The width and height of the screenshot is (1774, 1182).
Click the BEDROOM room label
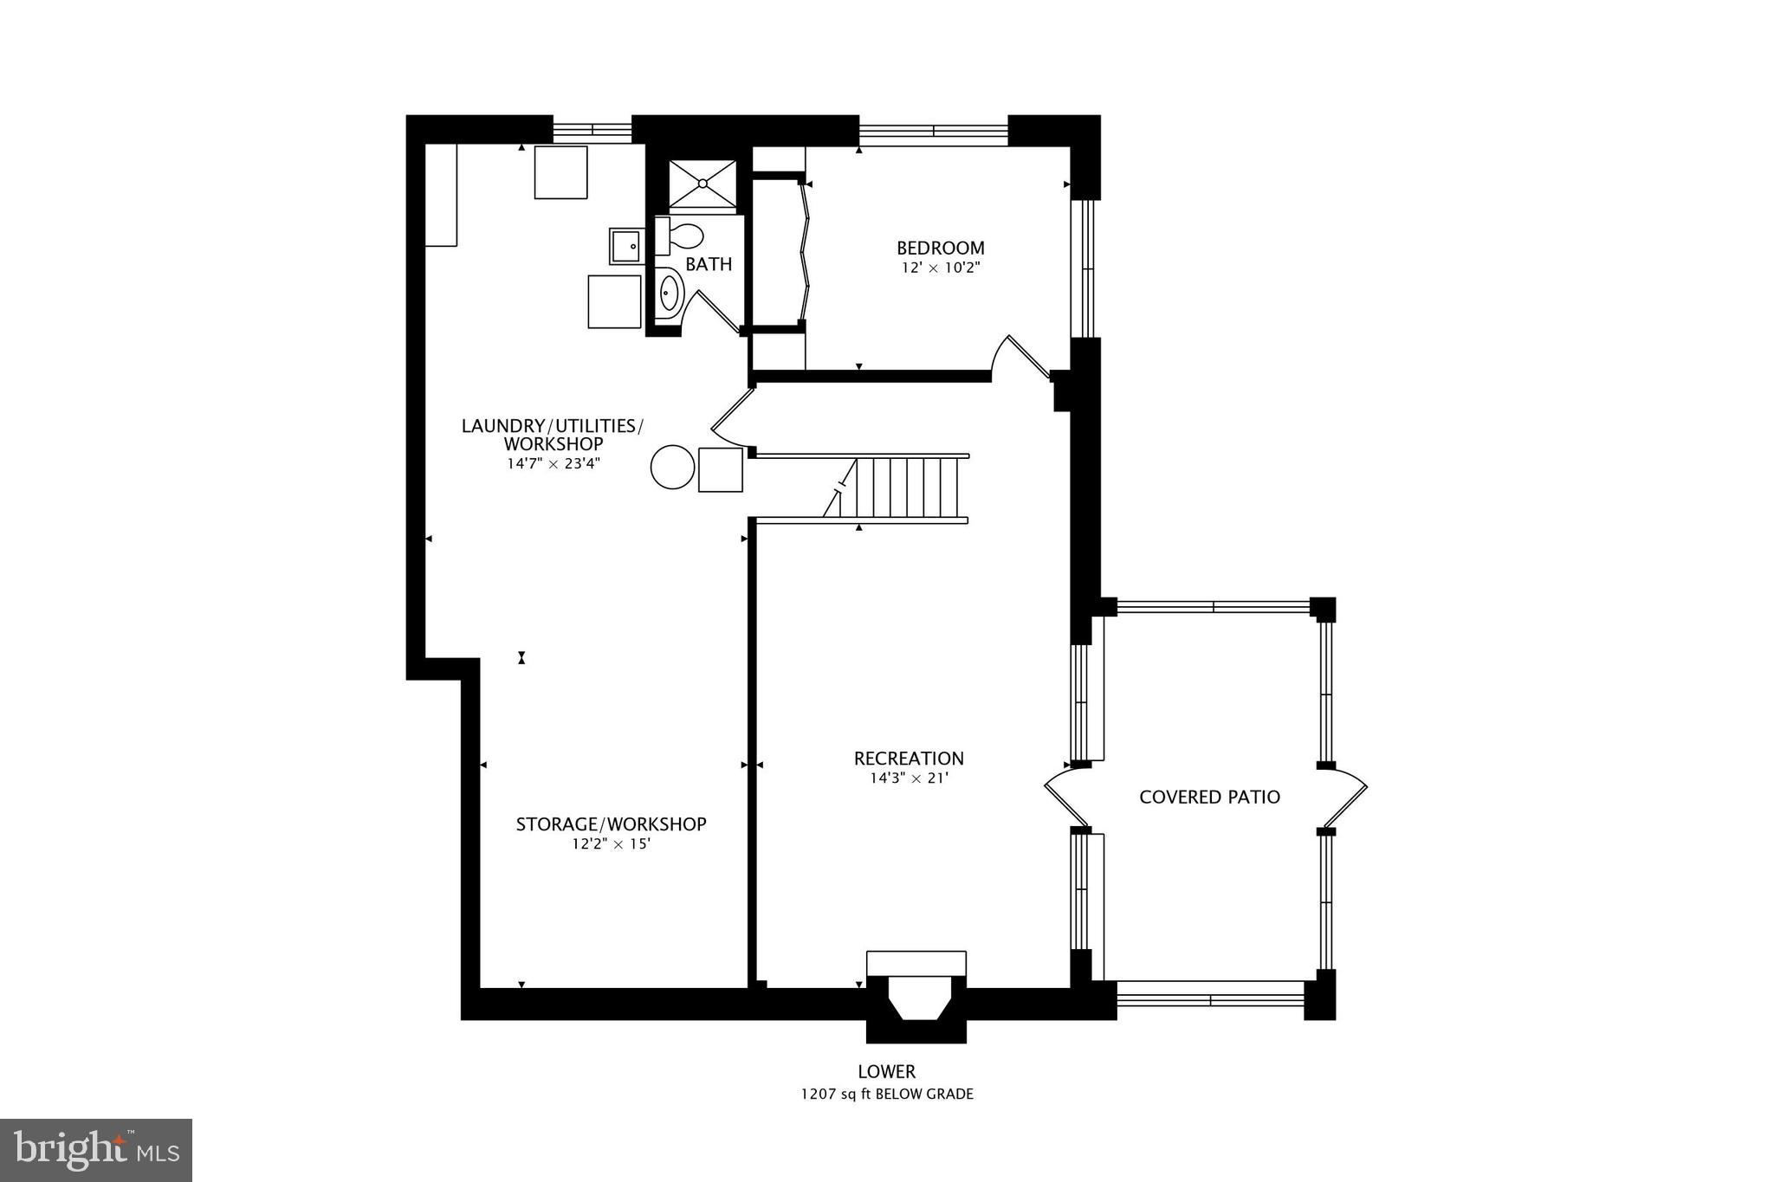[x=940, y=248]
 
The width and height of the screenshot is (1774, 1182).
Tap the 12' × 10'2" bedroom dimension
[x=940, y=268]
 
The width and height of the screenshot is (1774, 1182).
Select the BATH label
[x=709, y=264]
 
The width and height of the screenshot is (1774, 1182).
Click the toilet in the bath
[x=683, y=236]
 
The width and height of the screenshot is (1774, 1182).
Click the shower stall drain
[x=702, y=184]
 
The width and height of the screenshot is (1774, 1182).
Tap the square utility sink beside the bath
[x=625, y=247]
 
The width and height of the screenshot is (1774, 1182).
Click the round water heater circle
[x=673, y=468]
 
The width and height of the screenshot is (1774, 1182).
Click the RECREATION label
[x=909, y=759]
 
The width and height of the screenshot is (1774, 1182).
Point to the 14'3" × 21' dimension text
[x=909, y=778]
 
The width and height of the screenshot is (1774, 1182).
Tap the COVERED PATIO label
[x=1209, y=797]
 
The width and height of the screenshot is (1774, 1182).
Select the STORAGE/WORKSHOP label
[x=611, y=824]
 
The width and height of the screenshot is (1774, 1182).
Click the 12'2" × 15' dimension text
[x=611, y=843]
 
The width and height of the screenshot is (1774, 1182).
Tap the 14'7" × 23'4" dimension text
[x=554, y=463]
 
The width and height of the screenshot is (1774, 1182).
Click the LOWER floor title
[x=886, y=1072]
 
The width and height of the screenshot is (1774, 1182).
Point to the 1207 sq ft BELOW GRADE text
[x=886, y=1095]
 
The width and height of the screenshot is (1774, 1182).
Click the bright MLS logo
[x=96, y=1150]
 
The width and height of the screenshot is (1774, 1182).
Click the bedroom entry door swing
[x=1022, y=357]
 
